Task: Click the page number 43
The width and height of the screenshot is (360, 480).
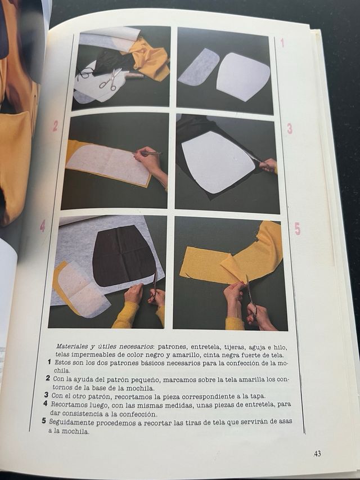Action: tap(317, 453)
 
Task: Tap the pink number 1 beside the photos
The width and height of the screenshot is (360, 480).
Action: tap(282, 43)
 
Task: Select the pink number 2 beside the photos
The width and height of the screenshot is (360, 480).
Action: tap(55, 126)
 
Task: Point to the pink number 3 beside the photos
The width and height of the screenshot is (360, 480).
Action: tap(289, 129)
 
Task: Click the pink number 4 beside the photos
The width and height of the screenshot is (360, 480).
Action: tap(42, 226)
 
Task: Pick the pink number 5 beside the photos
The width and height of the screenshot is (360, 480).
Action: tap(297, 229)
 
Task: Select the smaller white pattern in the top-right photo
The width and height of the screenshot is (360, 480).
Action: tap(198, 68)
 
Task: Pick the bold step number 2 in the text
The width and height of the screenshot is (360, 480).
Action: tap(48, 378)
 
